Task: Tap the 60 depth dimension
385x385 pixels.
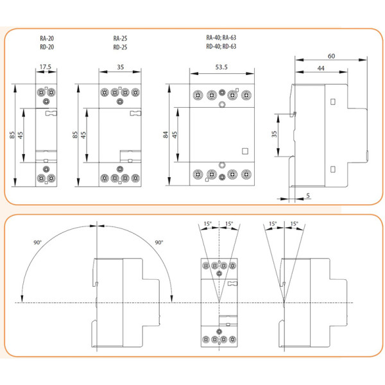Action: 330,56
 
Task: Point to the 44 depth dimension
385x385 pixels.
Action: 319,68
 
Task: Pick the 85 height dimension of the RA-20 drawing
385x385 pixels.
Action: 12,135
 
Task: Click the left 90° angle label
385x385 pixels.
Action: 37,243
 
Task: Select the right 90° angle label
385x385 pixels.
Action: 158,243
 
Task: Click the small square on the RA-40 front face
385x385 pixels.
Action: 244,151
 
